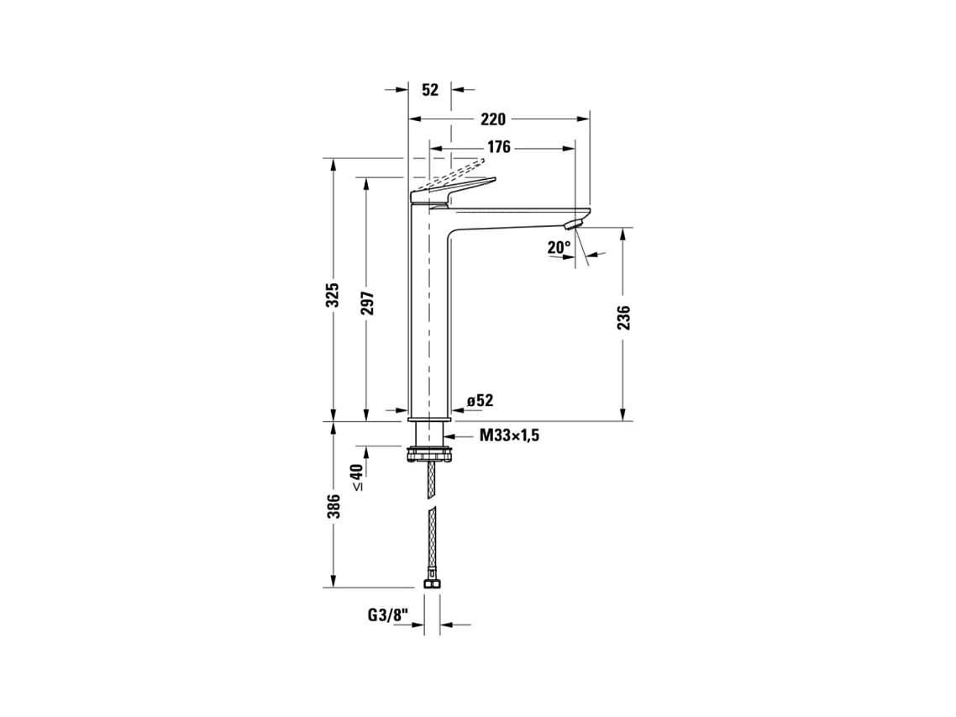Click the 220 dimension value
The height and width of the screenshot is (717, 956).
point(493,119)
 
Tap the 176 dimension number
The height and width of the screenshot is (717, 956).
point(498,148)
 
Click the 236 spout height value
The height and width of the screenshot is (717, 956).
point(623,318)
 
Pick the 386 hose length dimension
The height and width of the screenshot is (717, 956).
point(333,507)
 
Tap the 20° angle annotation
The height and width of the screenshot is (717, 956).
point(558,247)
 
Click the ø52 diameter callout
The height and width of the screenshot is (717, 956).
point(480,401)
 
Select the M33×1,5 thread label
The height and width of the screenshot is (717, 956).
point(509,435)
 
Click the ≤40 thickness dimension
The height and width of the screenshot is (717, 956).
point(357,477)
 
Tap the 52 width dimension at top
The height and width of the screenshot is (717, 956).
point(430,90)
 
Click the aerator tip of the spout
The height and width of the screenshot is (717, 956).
point(574,223)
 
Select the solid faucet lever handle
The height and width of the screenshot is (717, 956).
point(454,190)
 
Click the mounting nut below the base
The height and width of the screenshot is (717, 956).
point(430,455)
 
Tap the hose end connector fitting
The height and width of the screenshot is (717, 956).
point(431,583)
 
